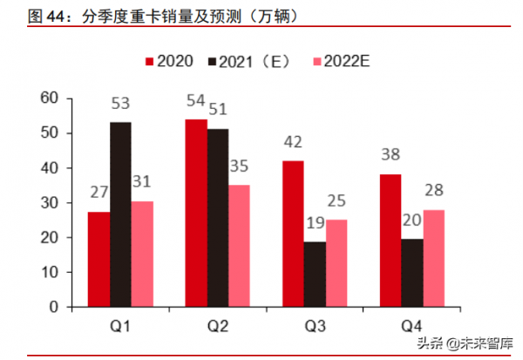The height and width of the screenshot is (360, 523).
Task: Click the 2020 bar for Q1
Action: (99, 260)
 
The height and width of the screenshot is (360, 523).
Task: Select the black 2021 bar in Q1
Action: (121, 214)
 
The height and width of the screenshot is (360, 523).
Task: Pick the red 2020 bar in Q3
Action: (293, 234)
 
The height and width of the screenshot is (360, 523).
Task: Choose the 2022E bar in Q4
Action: (434, 258)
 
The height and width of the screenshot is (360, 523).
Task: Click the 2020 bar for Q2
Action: (196, 213)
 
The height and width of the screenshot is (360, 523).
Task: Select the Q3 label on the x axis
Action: (316, 324)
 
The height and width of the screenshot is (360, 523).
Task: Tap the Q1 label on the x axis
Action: (121, 324)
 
